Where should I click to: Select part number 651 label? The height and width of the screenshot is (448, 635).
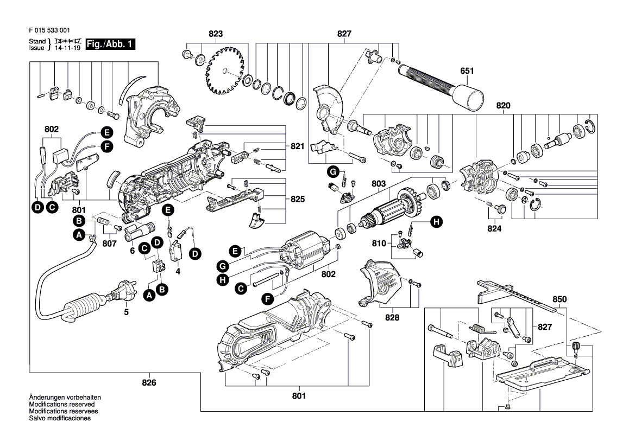467,71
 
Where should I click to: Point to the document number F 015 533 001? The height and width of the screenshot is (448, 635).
48,31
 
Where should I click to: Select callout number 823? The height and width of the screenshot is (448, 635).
216,34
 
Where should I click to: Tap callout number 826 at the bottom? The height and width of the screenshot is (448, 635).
149,383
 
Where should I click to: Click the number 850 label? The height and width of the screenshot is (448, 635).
559,299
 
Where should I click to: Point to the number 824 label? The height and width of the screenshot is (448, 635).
494,229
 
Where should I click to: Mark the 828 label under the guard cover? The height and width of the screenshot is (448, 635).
392,318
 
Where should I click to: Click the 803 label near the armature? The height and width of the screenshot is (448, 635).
379,184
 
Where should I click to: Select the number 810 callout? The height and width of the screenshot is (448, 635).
379,244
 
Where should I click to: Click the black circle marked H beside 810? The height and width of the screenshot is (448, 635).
436,221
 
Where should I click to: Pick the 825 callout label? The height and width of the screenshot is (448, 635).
297,200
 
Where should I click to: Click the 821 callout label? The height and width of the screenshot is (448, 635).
297,146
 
